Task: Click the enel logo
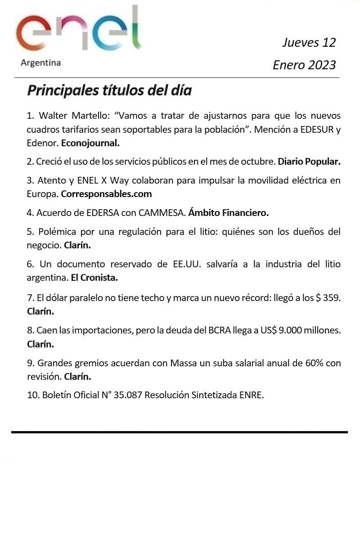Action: click(79, 29)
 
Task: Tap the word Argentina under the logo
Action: click(40, 63)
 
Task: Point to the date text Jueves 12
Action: click(309, 43)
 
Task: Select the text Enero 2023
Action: click(304, 65)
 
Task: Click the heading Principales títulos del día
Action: click(109, 90)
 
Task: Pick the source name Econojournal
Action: click(90, 143)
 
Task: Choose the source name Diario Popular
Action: click(309, 162)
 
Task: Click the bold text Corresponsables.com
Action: click(106, 194)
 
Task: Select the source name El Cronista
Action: click(94, 278)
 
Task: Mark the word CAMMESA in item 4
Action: click(162, 212)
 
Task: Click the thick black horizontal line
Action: click(179, 432)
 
